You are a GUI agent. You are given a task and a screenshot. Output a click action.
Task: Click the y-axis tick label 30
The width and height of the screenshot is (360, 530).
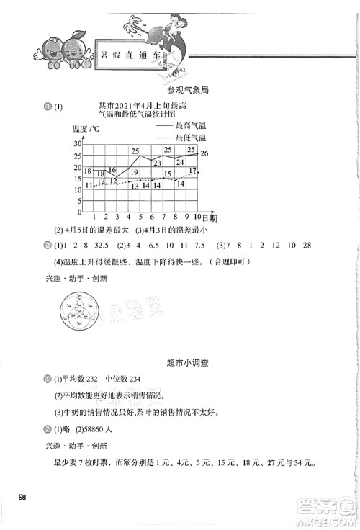coord(77,145)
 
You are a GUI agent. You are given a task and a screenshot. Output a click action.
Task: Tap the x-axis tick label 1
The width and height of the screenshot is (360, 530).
coord(95,217)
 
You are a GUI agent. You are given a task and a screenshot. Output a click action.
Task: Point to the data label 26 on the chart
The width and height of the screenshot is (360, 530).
coord(204,153)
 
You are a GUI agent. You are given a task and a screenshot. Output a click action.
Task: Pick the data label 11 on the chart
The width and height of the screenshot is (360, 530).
coord(89,186)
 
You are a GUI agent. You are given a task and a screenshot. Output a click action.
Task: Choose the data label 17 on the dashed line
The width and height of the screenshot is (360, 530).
coord(193,171)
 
